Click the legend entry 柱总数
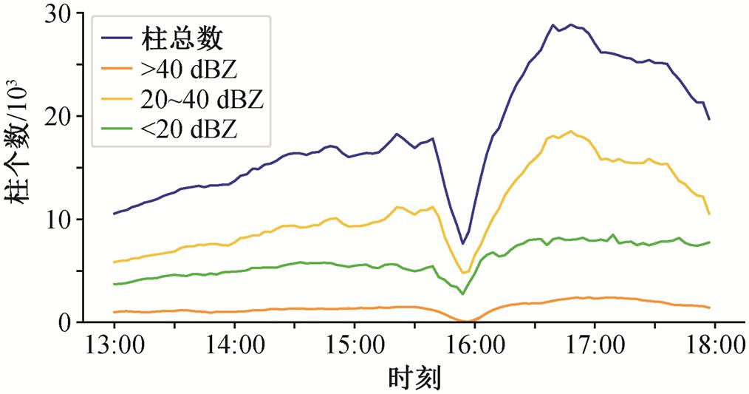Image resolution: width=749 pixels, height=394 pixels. point(177,37)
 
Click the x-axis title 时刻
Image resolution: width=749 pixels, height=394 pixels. point(414,378)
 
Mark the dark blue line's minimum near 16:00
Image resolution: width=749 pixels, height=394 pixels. point(463,243)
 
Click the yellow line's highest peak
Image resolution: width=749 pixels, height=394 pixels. point(571,132)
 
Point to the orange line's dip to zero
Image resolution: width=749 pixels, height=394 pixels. point(467,322)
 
